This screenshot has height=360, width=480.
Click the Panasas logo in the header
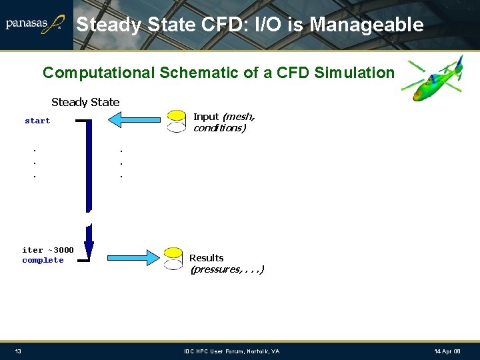tap(35, 25)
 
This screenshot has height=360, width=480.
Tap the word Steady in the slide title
tap(109, 25)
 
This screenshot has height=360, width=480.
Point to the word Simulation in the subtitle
tap(355, 73)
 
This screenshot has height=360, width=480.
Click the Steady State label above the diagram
tap(85, 102)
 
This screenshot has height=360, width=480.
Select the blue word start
tap(37, 121)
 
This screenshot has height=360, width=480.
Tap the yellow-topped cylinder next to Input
tap(176, 121)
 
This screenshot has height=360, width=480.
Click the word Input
tap(206, 117)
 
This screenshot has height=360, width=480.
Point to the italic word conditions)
tap(219, 128)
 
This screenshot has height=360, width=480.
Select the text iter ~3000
tap(48, 250)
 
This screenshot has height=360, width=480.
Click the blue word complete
tap(43, 260)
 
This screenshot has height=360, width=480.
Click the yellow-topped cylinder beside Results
tap(173, 258)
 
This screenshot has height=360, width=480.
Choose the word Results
tap(207, 258)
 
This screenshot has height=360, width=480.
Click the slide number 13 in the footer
tap(18, 351)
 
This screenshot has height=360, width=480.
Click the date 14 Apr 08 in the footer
tap(447, 351)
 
